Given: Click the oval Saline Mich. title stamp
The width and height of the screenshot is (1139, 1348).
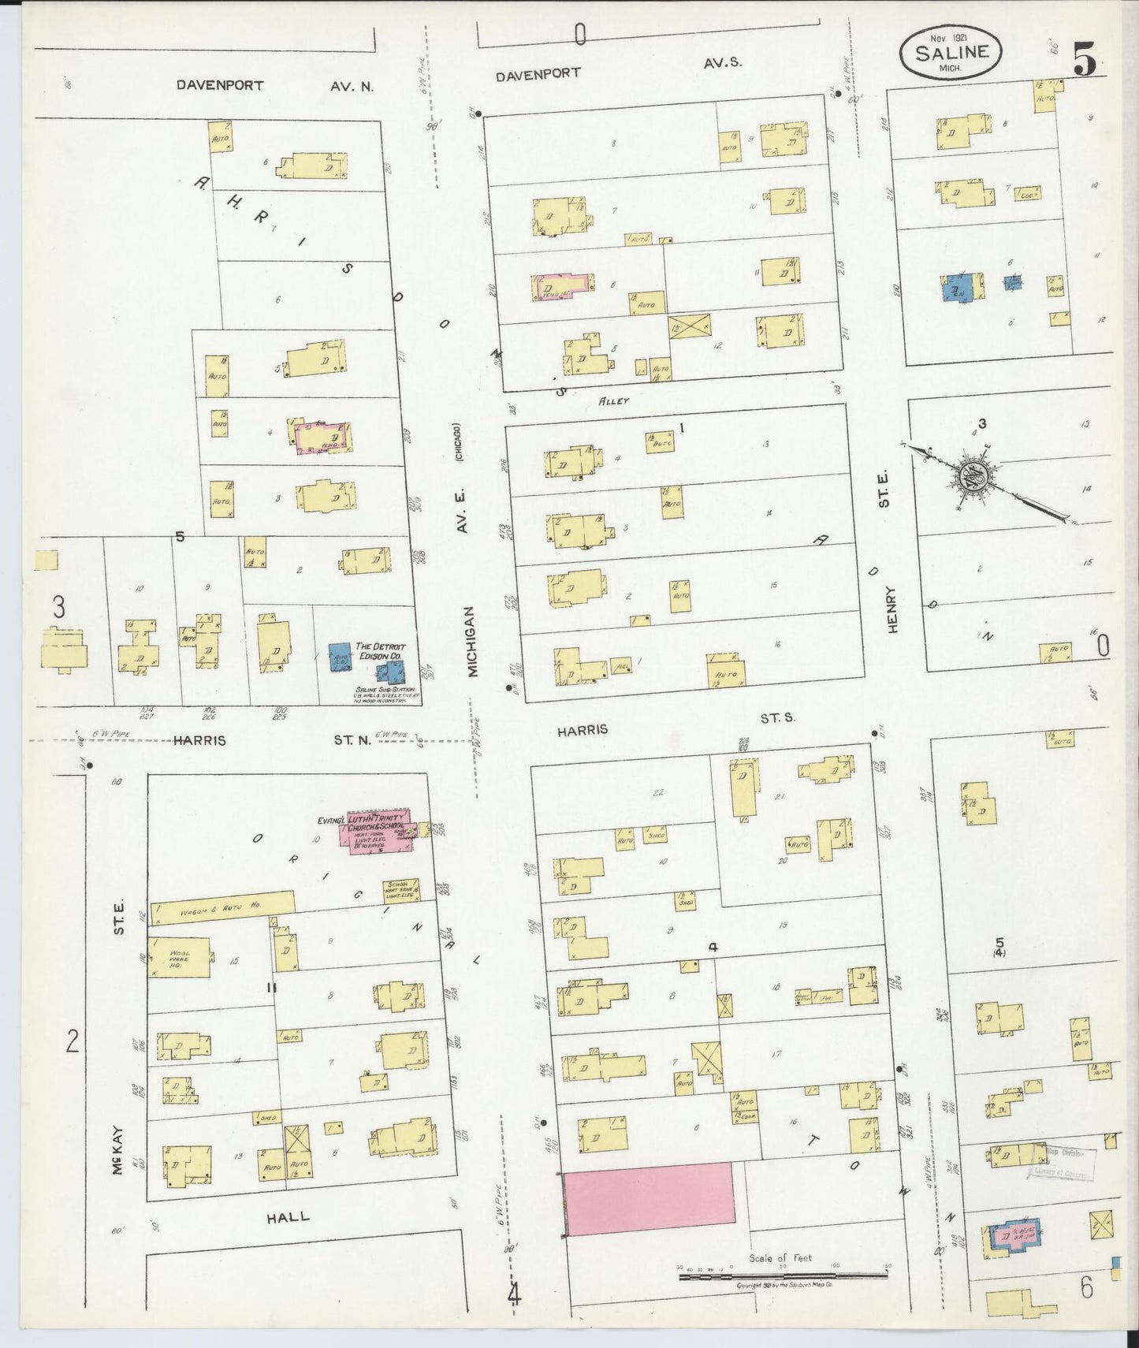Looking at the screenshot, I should (x=951, y=53).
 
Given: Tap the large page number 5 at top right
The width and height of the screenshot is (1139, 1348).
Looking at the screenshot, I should (x=1085, y=59).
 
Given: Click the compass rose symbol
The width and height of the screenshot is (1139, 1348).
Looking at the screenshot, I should (x=972, y=475).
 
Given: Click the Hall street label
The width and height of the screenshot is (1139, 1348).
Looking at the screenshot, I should (x=287, y=1217).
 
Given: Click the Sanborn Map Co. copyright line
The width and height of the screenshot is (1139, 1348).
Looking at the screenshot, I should (x=785, y=1284).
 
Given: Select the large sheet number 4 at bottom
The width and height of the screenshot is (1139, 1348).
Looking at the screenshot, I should (x=514, y=1294).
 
